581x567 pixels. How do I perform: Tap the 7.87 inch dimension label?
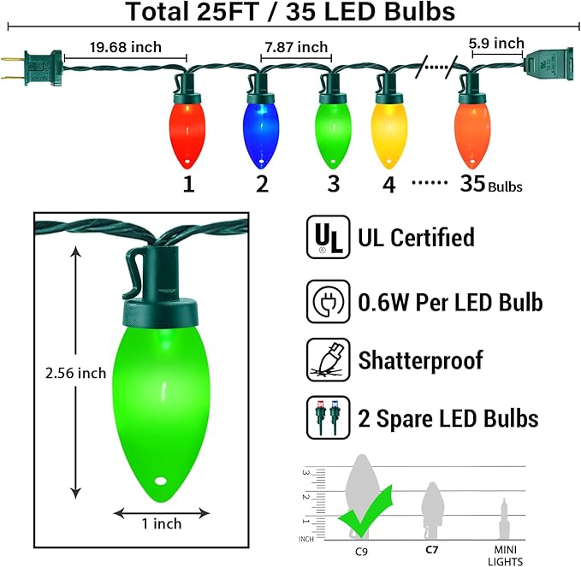pos(295,47)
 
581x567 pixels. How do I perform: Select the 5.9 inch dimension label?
pos(496,43)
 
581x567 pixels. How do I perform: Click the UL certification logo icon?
pos(327,237)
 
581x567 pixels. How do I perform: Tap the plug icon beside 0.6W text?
pos(327,301)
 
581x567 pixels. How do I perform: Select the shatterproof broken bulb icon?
pos(327,360)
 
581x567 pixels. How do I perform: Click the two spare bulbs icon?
pos(327,418)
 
